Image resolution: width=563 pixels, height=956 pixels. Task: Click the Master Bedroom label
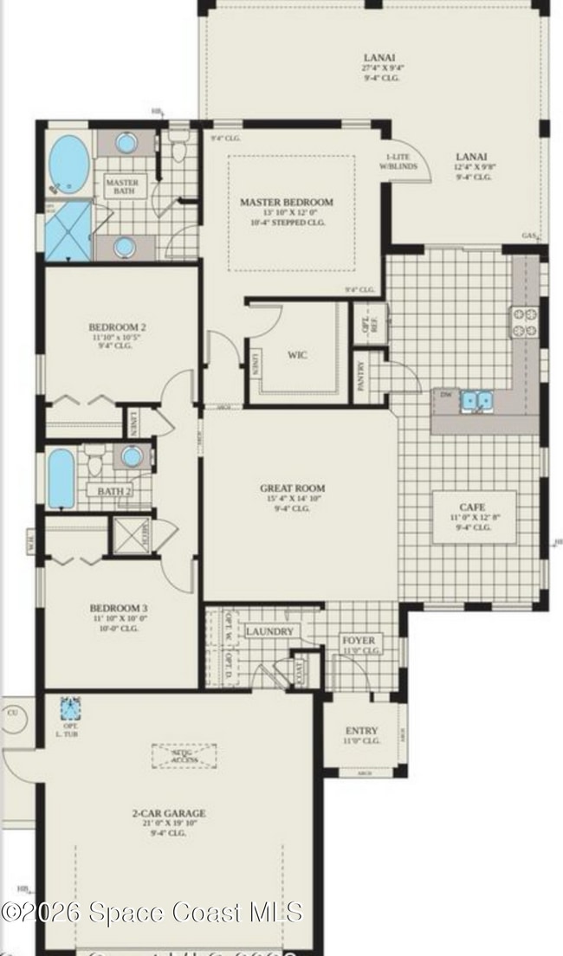[286, 202]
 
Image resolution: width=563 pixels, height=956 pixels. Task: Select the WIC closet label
[297, 355]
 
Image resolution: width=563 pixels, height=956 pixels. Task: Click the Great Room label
[292, 488]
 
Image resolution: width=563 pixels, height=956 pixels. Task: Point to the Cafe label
[472, 507]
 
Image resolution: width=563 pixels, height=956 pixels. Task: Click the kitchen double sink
[476, 400]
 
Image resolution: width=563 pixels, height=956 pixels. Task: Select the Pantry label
[361, 377]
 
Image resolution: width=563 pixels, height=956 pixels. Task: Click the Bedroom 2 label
[117, 327]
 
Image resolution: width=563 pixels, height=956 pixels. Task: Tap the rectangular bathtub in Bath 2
[62, 477]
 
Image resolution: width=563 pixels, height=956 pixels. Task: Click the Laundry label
[269, 632]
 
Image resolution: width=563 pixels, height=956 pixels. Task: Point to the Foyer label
[359, 641]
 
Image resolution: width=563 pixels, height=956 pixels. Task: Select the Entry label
[361, 731]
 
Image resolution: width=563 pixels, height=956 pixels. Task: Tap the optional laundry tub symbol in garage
[70, 709]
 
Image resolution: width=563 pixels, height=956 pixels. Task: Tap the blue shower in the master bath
[68, 231]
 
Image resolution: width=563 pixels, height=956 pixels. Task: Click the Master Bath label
[121, 187]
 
